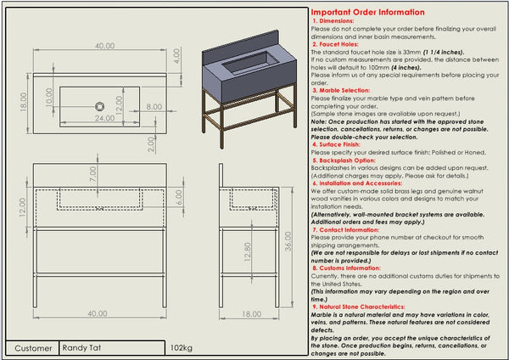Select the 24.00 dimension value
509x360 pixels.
tap(104, 119)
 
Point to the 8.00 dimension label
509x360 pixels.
tap(154, 107)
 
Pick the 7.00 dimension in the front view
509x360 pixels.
tap(92, 173)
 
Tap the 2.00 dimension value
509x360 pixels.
tap(151, 142)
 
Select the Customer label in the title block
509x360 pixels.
tap(33, 347)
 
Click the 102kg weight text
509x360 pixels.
tap(182, 347)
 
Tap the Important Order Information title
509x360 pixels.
tap(368, 13)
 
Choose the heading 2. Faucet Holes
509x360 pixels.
tap(341, 44)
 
